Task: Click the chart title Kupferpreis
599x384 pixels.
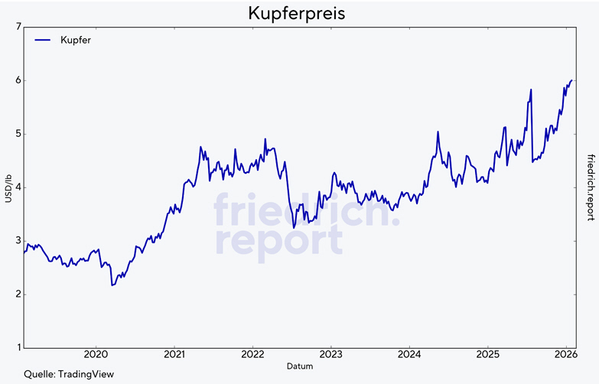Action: click(x=298, y=14)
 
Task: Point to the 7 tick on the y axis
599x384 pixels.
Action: click(x=17, y=27)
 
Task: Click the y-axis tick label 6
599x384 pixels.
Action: click(x=17, y=80)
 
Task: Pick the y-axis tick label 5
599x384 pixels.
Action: click(x=17, y=134)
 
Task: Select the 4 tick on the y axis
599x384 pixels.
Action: click(x=17, y=187)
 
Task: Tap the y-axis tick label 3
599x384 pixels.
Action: click(x=17, y=241)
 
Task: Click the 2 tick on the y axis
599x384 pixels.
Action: click(x=17, y=295)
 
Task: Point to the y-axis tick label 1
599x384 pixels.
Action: click(x=17, y=348)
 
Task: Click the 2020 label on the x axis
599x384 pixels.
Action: click(x=96, y=356)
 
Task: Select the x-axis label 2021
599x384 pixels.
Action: click(x=174, y=356)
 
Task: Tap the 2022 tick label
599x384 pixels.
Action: click(x=252, y=356)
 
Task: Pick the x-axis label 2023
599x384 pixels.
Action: click(x=330, y=356)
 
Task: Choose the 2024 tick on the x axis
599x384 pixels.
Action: click(x=409, y=356)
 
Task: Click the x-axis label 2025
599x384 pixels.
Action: click(x=487, y=356)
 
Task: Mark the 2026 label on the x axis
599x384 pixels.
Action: click(x=565, y=356)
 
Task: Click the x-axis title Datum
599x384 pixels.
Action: click(x=299, y=367)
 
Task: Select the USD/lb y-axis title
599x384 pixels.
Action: click(x=7, y=187)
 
